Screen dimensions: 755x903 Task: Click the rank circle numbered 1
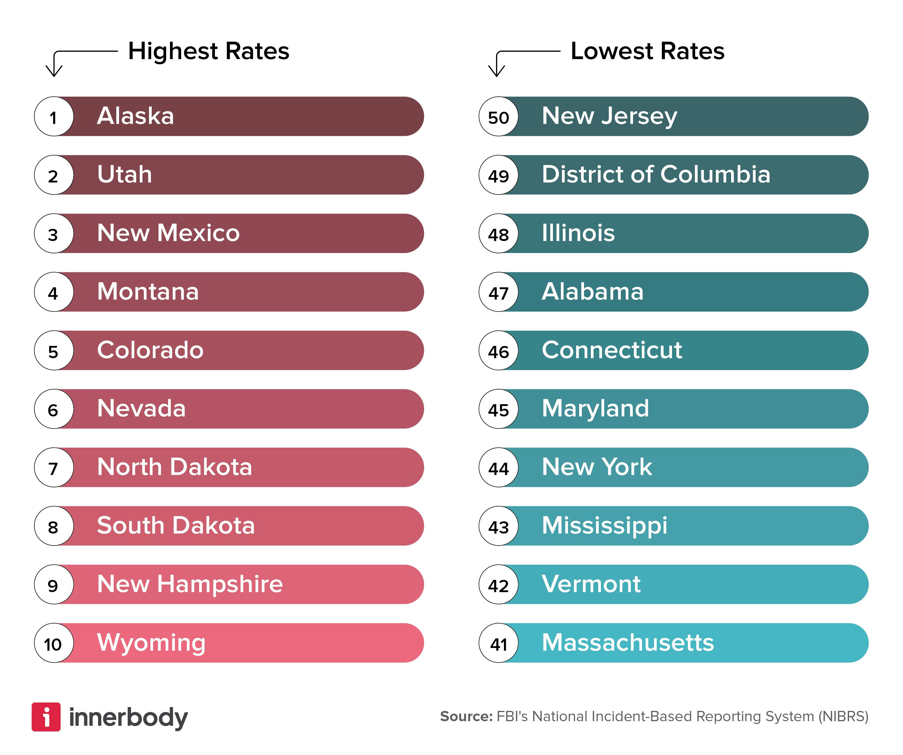coord(54,117)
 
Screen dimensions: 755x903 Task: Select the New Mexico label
coord(168,233)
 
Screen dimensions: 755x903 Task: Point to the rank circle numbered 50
coord(498,117)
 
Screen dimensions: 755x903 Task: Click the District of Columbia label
coord(656,175)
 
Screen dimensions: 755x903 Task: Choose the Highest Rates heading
coord(209,51)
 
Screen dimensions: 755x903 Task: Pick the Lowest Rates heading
coord(647,51)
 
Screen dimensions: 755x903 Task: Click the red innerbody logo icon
coord(46,717)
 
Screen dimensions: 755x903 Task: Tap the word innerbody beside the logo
coord(128,717)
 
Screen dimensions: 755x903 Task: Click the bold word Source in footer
coord(466,716)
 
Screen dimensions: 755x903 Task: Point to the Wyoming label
coord(151,643)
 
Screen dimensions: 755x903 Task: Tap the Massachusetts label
coord(628,643)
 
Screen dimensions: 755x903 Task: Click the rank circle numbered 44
coord(498,467)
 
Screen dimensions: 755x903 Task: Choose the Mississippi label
coord(604,526)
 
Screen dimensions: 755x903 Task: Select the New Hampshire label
coord(190,584)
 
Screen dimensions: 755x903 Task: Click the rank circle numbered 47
coord(498,292)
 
